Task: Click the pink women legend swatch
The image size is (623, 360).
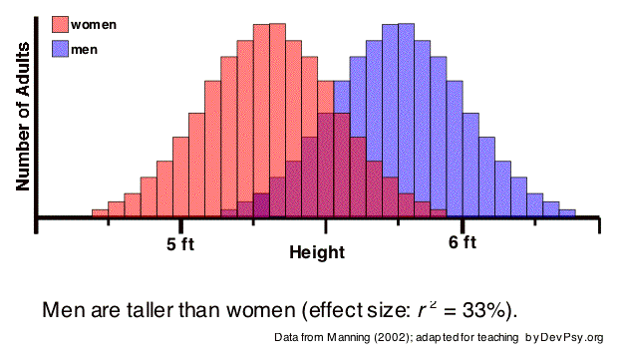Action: (60, 25)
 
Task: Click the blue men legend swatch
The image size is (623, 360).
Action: (60, 48)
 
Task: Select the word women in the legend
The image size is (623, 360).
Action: (93, 25)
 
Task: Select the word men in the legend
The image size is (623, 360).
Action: (84, 48)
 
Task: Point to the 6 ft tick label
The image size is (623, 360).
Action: (463, 243)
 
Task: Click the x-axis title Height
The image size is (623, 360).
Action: (317, 253)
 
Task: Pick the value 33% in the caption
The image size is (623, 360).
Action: (490, 308)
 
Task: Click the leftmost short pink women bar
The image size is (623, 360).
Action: (100, 212)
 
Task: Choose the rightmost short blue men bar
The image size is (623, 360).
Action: (567, 211)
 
